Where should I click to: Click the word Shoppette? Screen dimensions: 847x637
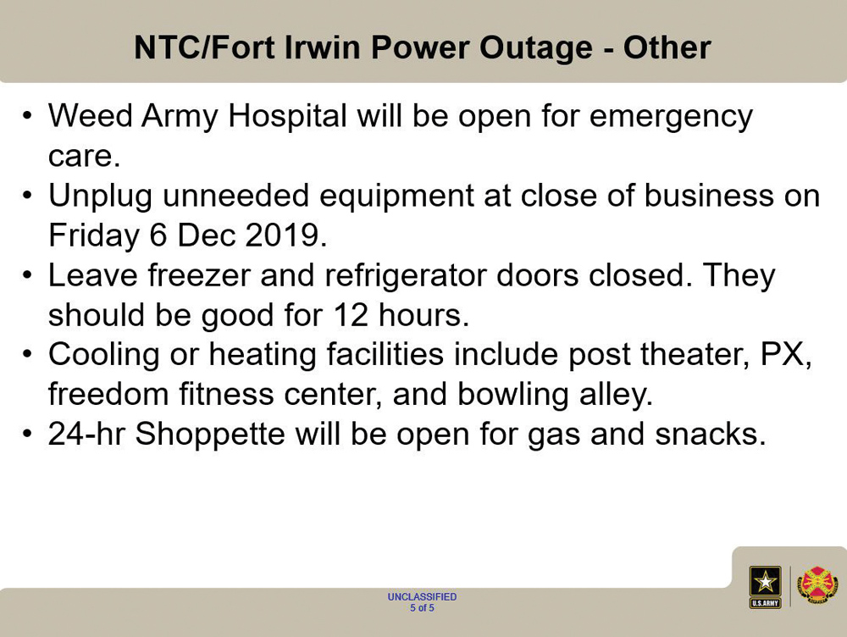[x=210, y=435]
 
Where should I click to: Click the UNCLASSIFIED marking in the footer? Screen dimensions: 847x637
[x=422, y=596]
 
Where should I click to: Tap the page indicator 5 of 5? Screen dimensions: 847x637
[x=422, y=608]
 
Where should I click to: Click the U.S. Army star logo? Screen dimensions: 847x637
[x=765, y=587]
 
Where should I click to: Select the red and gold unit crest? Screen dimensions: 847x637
[x=817, y=586]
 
